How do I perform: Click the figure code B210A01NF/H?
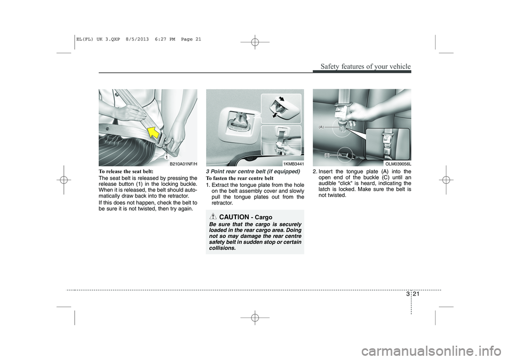point(183,164)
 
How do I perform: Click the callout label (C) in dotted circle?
point(327,155)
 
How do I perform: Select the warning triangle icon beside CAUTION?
point(213,217)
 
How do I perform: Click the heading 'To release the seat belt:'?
point(125,172)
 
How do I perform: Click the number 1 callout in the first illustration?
point(166,157)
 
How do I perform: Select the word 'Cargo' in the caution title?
point(261,217)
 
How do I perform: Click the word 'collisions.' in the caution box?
point(223,248)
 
